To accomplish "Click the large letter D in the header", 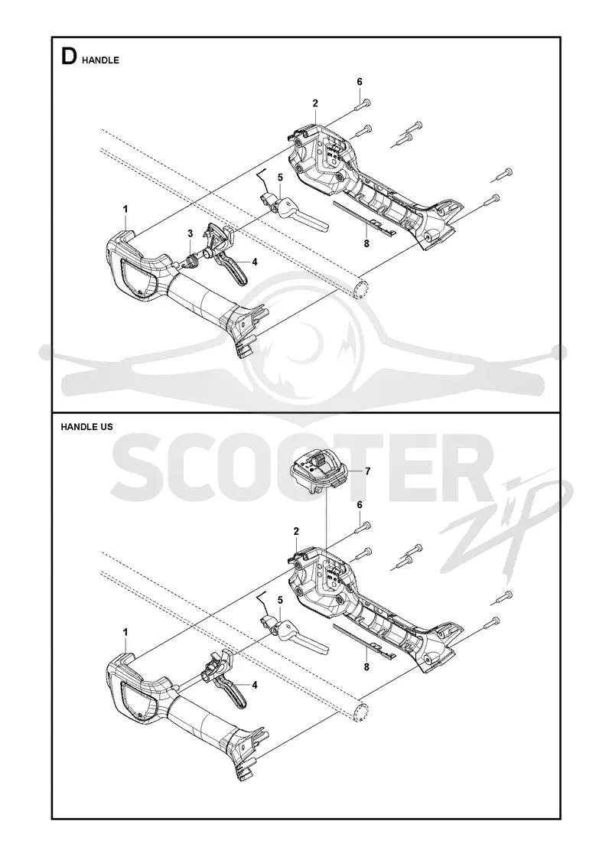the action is [69, 57].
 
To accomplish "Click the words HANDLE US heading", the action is [87, 426].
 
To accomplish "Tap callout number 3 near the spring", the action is [190, 234].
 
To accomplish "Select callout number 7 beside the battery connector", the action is [368, 471].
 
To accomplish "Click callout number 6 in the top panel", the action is [360, 82].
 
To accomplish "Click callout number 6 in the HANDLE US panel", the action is [360, 505].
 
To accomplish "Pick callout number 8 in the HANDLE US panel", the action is [366, 666].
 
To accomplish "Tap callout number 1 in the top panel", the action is [125, 209].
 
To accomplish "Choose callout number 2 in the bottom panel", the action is [296, 531].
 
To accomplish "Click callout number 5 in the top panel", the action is [280, 177].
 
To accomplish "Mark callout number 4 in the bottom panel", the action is [255, 684].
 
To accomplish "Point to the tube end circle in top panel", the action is [360, 288].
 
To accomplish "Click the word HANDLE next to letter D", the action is [100, 60].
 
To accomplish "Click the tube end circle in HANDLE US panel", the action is [360, 711].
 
